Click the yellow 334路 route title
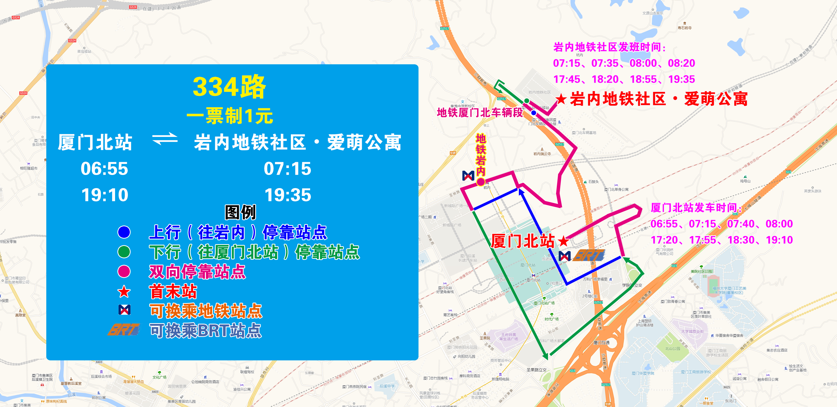pos(229,87)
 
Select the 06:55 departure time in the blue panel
pos(104,169)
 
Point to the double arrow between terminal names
pos(165,139)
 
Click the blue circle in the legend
pos(124,232)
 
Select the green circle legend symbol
pos(124,252)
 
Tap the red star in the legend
pos(124,292)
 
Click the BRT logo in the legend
pos(124,330)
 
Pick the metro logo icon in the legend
pos(124,310)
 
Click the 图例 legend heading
pos(241,212)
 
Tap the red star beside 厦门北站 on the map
pos(563,241)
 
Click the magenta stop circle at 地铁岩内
pos(481,182)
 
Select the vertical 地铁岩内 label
pos(481,155)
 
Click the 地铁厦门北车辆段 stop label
pos(480,113)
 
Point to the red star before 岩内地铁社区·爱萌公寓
pos(561,99)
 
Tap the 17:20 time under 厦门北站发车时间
pos(664,240)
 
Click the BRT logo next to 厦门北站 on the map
pos(588,255)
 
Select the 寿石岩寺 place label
pos(684,28)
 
